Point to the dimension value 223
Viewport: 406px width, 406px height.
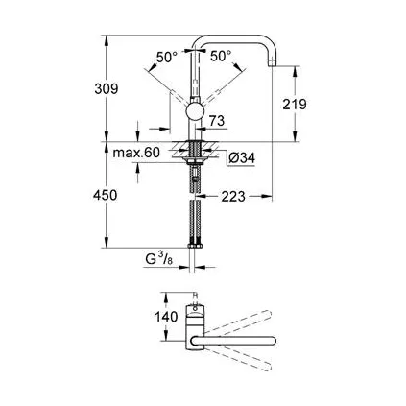(231, 198)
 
